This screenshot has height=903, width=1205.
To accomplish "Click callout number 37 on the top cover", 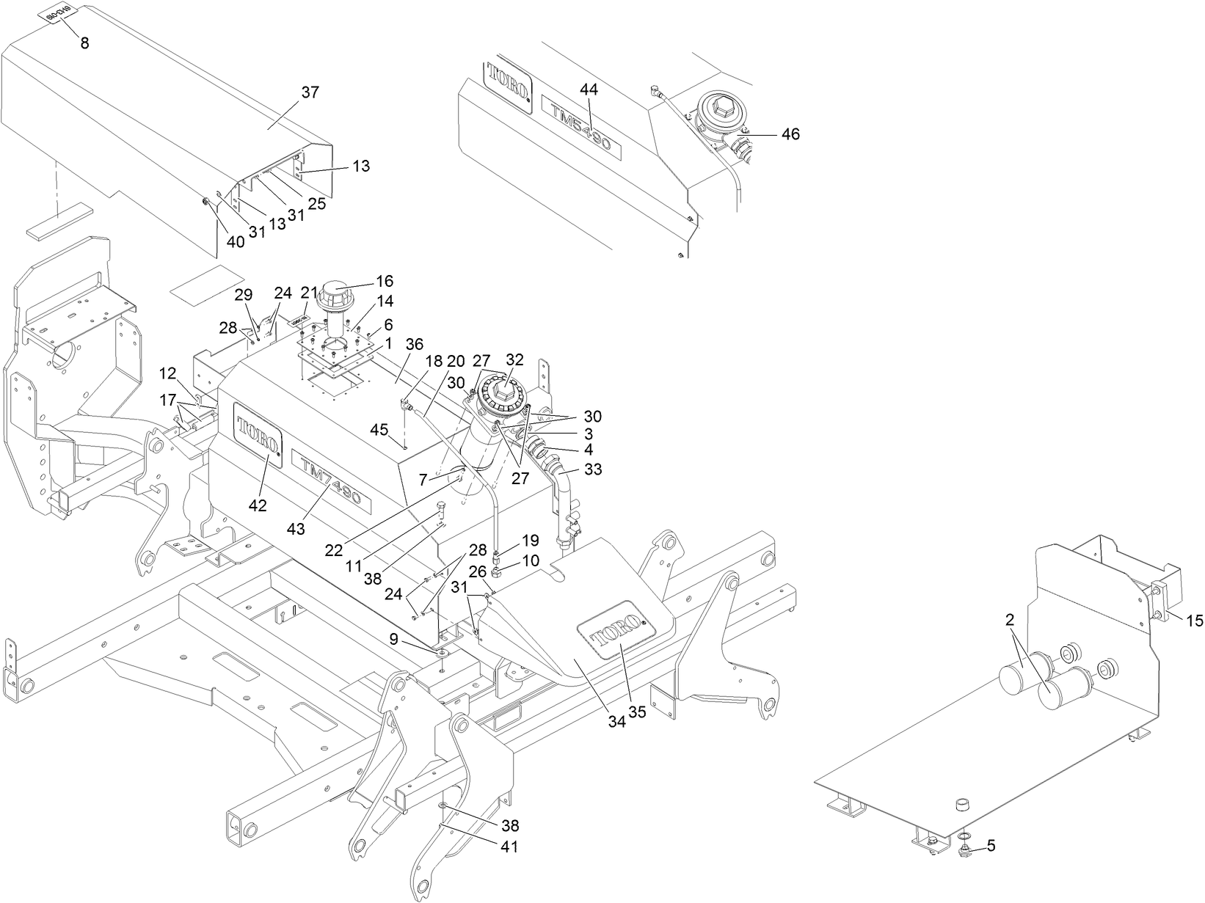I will [310, 92].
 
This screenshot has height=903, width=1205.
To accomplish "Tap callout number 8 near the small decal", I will [85, 43].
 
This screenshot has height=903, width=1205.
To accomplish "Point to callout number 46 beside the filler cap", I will [790, 134].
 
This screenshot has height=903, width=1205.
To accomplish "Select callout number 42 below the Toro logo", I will [258, 505].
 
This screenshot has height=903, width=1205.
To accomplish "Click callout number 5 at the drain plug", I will [991, 846].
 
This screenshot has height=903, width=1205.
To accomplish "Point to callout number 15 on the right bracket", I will [1195, 621].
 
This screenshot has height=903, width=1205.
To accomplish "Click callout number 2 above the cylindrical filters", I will [1010, 620].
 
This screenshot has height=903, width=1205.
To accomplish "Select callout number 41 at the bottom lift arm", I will [509, 846].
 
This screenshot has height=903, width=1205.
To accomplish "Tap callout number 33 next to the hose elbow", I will [593, 469].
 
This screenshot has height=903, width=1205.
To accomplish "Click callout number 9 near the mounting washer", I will [394, 639].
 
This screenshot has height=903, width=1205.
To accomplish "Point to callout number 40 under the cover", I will [236, 241].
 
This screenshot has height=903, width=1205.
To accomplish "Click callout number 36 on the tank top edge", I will [415, 345].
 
